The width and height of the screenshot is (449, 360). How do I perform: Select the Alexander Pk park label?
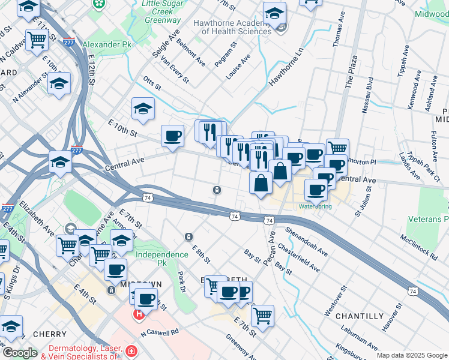(x=108, y=44)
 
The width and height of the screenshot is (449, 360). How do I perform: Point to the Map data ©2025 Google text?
(x=411, y=355)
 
